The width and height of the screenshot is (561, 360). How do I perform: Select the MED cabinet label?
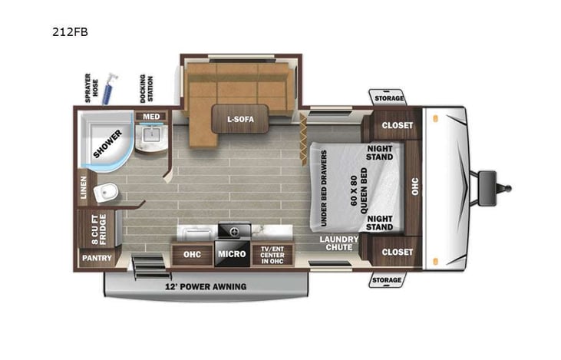click(x=150, y=117)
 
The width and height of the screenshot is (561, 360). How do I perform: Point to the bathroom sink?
click(x=150, y=137)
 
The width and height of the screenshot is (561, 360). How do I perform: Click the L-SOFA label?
click(x=240, y=119)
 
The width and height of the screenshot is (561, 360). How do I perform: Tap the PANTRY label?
click(x=97, y=258)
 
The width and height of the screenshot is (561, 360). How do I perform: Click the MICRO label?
click(x=232, y=254)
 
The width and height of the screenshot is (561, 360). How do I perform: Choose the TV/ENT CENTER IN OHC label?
click(x=272, y=255)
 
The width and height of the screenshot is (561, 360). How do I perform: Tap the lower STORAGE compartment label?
click(x=387, y=281)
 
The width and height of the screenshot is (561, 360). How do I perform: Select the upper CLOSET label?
click(x=397, y=125)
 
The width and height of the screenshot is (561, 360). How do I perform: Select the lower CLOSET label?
click(x=397, y=252)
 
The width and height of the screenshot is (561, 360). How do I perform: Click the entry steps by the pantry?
click(x=151, y=266)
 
